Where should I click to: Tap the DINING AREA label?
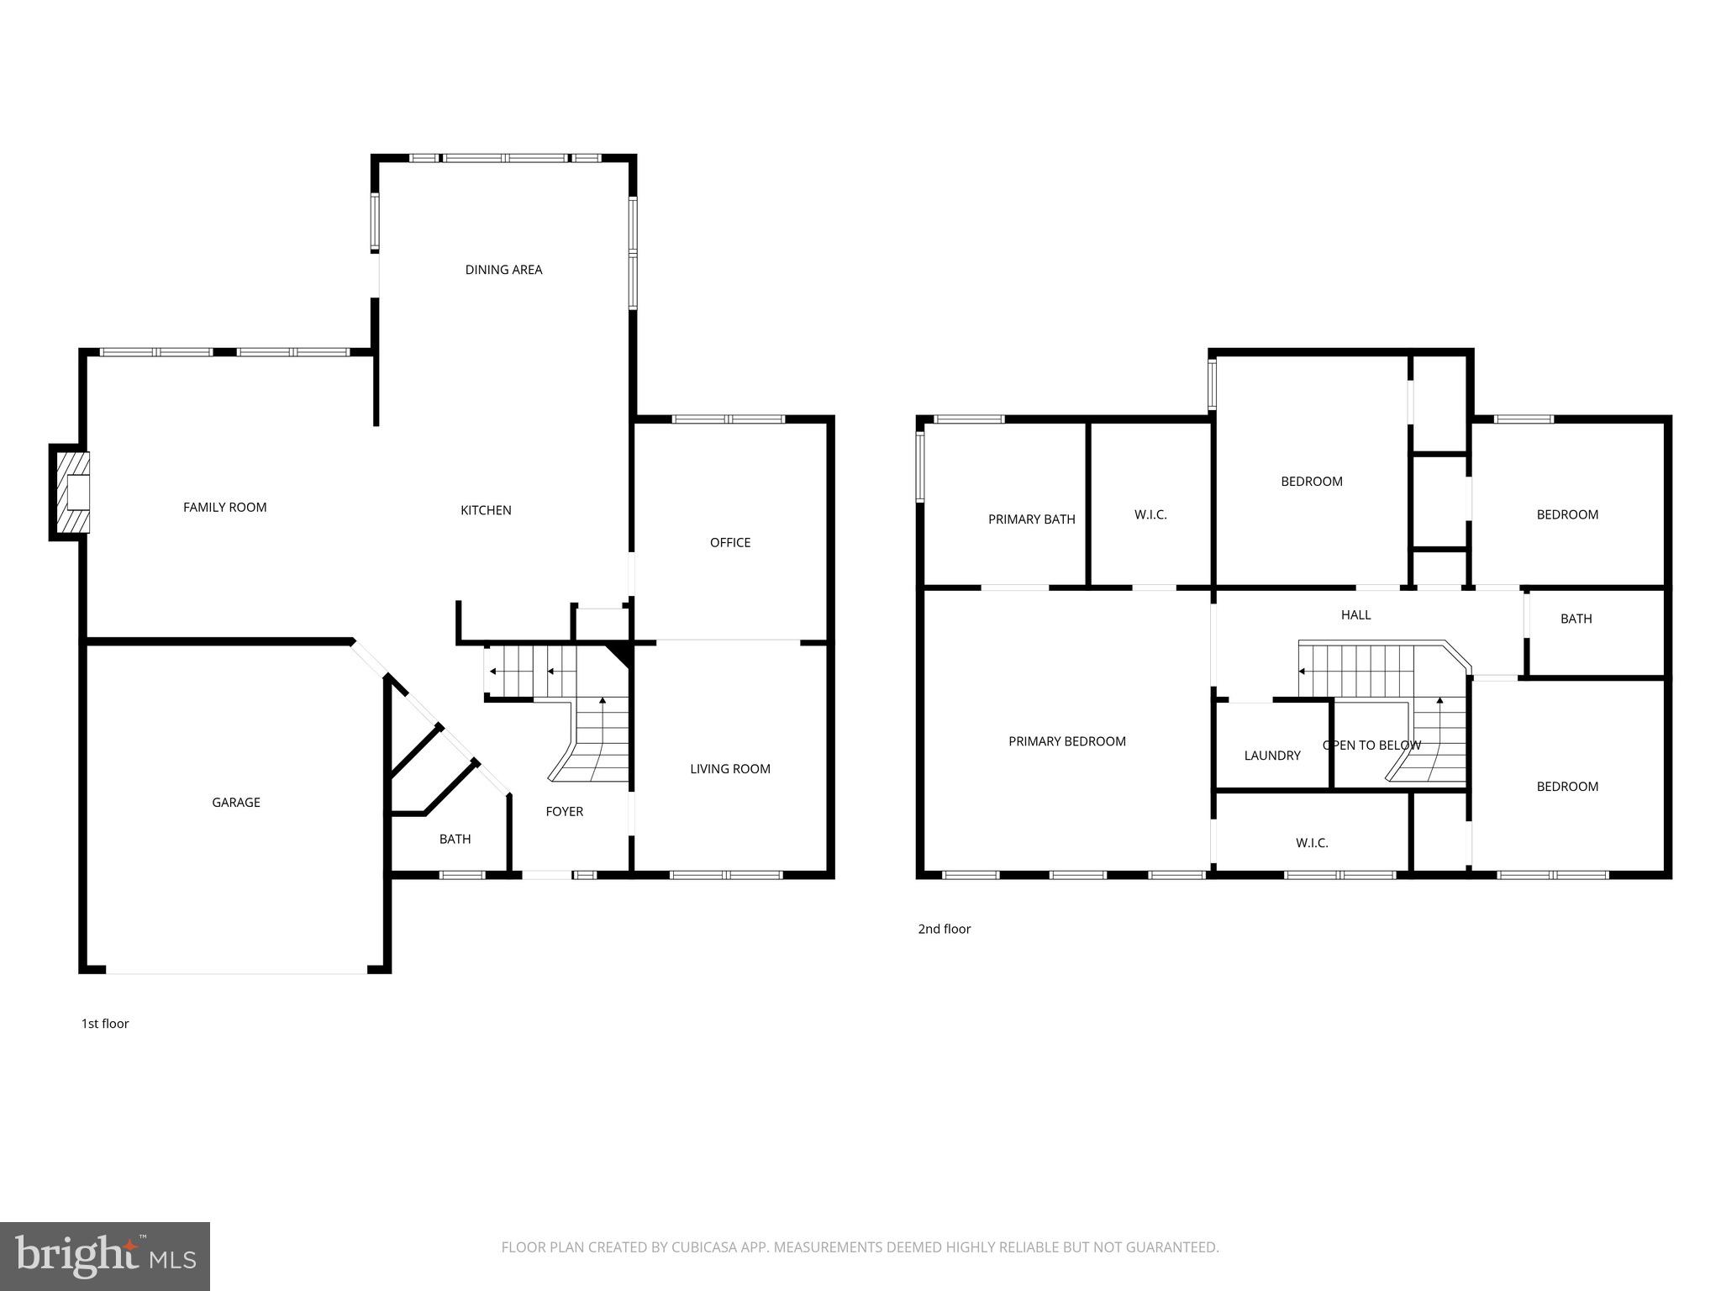[503, 270]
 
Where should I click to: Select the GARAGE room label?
[235, 803]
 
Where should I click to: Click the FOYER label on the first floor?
[564, 812]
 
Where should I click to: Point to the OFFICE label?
[729, 543]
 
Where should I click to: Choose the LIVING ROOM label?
[729, 769]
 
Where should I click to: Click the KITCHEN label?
[486, 510]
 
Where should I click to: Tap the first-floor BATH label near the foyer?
[455, 840]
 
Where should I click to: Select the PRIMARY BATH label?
[1031, 519]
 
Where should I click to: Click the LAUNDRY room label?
[1271, 756]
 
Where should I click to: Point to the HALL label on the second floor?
[1355, 615]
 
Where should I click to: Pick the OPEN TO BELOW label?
[1371, 746]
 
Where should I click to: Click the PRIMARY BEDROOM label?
[1066, 741]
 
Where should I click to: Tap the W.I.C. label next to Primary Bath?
[1150, 514]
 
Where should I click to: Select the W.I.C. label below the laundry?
[1311, 843]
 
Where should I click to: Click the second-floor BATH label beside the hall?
[1576, 619]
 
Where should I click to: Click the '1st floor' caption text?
[105, 1024]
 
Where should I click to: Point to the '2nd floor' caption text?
[944, 929]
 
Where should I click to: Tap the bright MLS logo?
[105, 1257]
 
